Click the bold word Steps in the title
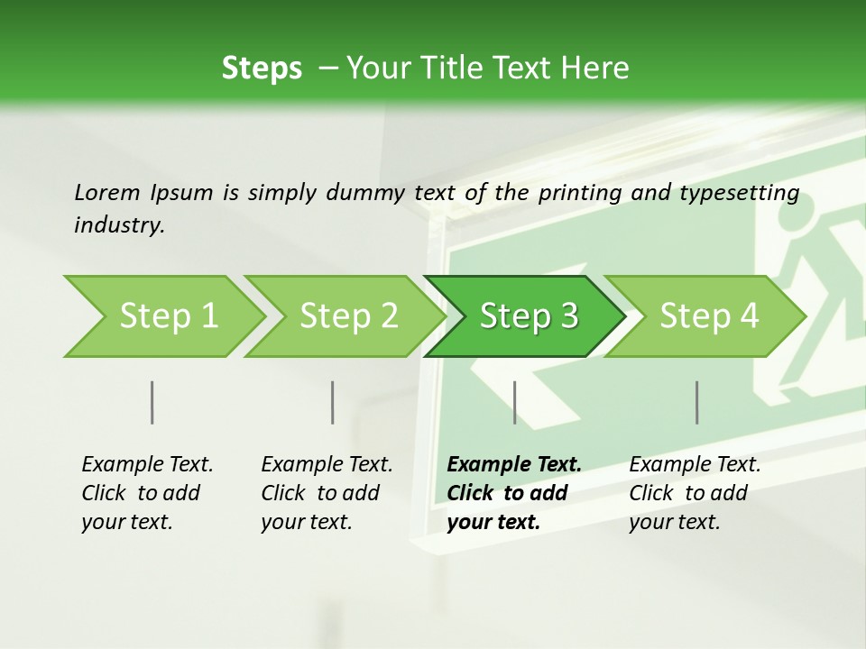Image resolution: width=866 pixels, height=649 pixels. pos(262,69)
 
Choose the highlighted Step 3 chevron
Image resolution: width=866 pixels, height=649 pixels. pos(528,316)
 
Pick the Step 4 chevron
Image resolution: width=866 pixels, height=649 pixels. pos(708,316)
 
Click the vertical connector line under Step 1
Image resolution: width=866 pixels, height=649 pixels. pos(152,402)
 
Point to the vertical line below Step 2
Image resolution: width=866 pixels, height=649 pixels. pos(333,402)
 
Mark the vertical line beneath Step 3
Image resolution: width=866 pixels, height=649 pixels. pos(514,402)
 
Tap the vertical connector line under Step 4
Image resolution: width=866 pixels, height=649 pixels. pos(697,402)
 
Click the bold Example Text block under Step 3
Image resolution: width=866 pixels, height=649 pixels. pos(513,493)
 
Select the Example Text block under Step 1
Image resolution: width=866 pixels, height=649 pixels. pos(146,493)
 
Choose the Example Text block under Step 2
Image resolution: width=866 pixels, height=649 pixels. pos(326,493)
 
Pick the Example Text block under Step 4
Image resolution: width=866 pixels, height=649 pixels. pos(694,493)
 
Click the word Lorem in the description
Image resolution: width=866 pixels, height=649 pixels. pos(106,193)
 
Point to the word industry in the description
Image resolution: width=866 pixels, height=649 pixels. pos(118,224)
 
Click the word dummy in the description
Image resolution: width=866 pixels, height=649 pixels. pos(369,193)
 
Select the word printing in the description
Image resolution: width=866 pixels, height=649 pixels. pos(574,193)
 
